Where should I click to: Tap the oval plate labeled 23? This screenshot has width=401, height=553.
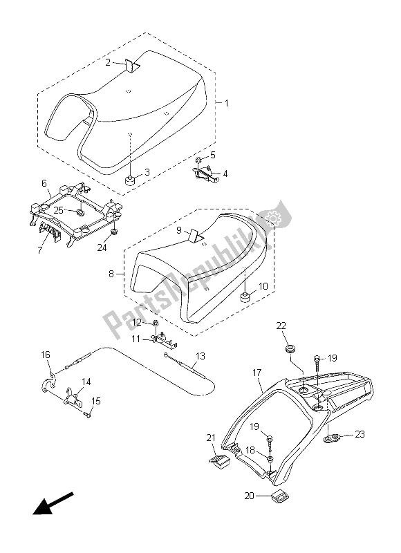point(333,437)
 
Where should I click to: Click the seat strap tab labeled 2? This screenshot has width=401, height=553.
point(131,66)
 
